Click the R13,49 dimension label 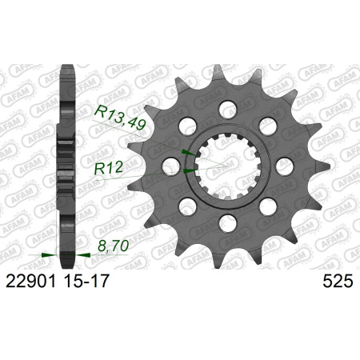point(120,118)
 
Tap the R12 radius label point(109,168)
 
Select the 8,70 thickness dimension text point(114,246)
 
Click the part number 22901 point(30,281)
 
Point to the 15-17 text point(86,281)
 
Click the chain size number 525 point(338,281)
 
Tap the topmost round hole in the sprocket point(228,109)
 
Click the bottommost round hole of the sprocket point(228,223)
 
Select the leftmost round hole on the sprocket point(171,166)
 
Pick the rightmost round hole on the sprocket point(285,166)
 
